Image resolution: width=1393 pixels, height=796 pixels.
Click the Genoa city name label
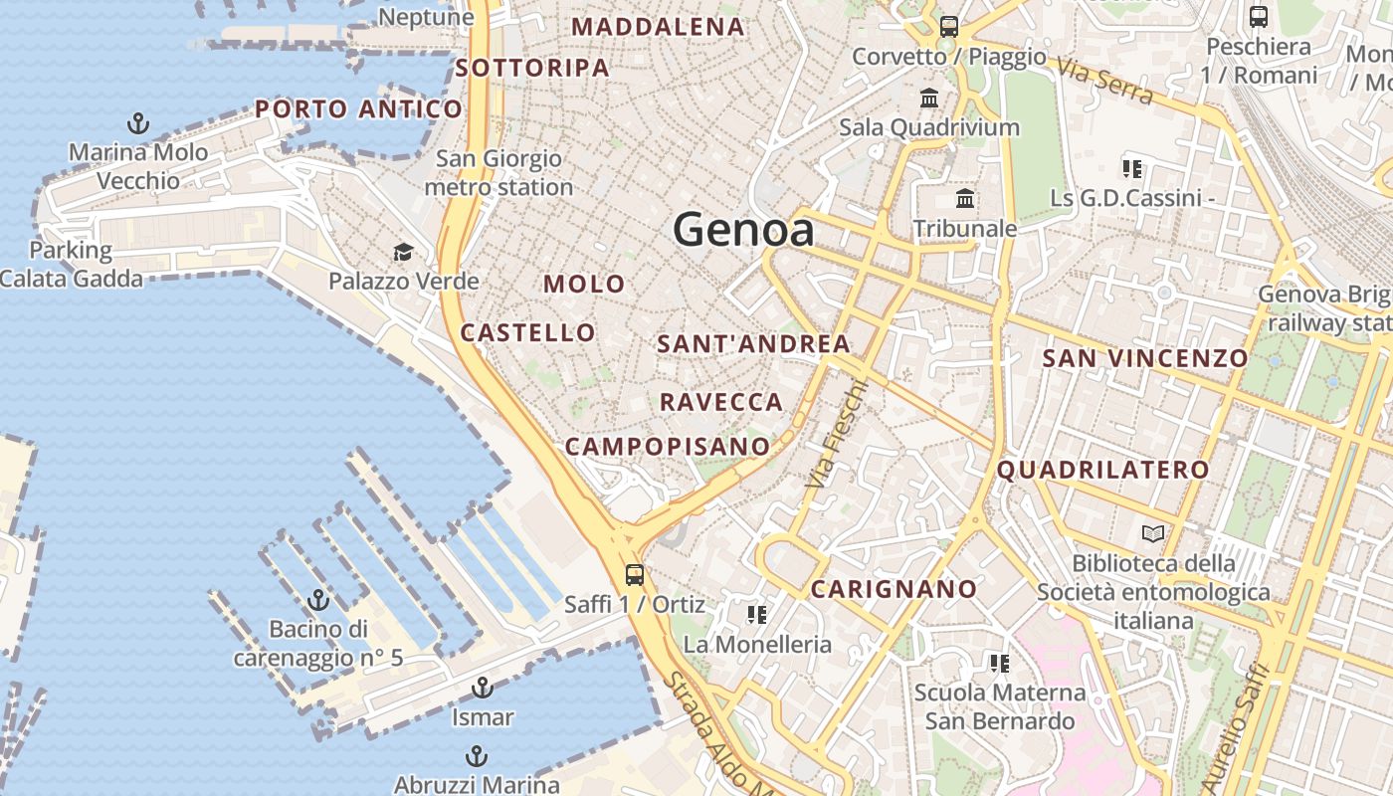tap(743, 230)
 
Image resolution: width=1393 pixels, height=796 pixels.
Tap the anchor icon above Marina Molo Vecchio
tap(138, 123)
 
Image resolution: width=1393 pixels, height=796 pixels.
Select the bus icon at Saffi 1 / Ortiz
tap(634, 574)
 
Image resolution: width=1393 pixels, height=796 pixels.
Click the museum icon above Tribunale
tap(964, 199)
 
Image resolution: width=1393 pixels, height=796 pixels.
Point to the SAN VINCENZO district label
tap(1144, 358)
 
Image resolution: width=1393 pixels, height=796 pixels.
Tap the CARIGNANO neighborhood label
tap(894, 589)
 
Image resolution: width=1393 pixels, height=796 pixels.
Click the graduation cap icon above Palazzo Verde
tap(403, 252)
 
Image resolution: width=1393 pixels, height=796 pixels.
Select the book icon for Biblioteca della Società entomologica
tap(1152, 534)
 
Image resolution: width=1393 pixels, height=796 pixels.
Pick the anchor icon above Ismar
tap(482, 688)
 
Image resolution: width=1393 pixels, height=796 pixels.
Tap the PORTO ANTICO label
tap(358, 109)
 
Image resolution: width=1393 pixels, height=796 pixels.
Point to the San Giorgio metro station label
tap(498, 172)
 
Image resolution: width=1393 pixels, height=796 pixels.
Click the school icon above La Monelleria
tap(757, 615)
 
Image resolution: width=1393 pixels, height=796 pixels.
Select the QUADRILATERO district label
tap(1102, 470)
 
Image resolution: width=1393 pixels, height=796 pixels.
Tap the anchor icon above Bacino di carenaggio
tap(318, 600)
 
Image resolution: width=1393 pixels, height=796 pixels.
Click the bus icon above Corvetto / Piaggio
tap(948, 27)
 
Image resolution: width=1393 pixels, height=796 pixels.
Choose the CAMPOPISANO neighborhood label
tap(667, 447)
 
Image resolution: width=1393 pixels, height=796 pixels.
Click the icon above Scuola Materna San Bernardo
tap(999, 663)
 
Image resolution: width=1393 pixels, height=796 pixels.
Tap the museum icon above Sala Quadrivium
tap(929, 99)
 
